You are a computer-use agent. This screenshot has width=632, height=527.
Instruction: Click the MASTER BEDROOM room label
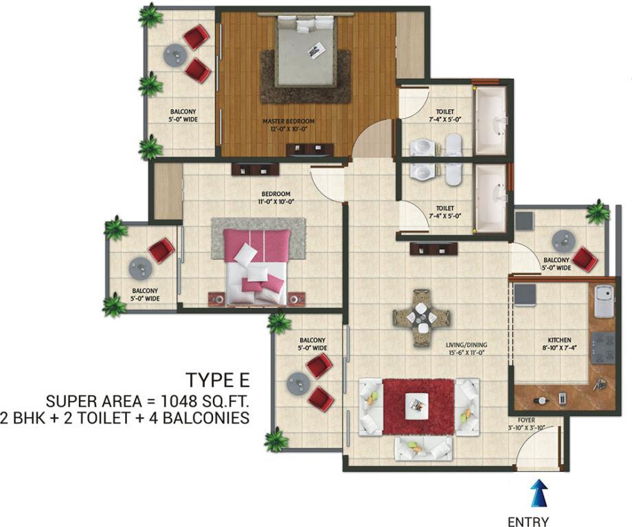289,121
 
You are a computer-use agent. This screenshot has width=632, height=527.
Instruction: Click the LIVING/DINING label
466,345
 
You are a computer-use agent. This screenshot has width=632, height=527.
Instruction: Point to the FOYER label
526,420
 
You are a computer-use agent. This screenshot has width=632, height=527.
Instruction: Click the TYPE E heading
217,380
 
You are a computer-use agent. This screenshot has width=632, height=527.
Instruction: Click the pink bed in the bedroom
257,267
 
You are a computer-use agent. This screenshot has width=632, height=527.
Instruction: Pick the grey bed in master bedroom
305,51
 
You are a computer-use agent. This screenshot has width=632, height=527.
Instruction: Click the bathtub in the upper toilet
490,119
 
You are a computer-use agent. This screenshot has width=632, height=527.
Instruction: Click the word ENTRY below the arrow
528,521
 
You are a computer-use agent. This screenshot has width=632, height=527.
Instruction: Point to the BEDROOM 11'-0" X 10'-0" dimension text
275,202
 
